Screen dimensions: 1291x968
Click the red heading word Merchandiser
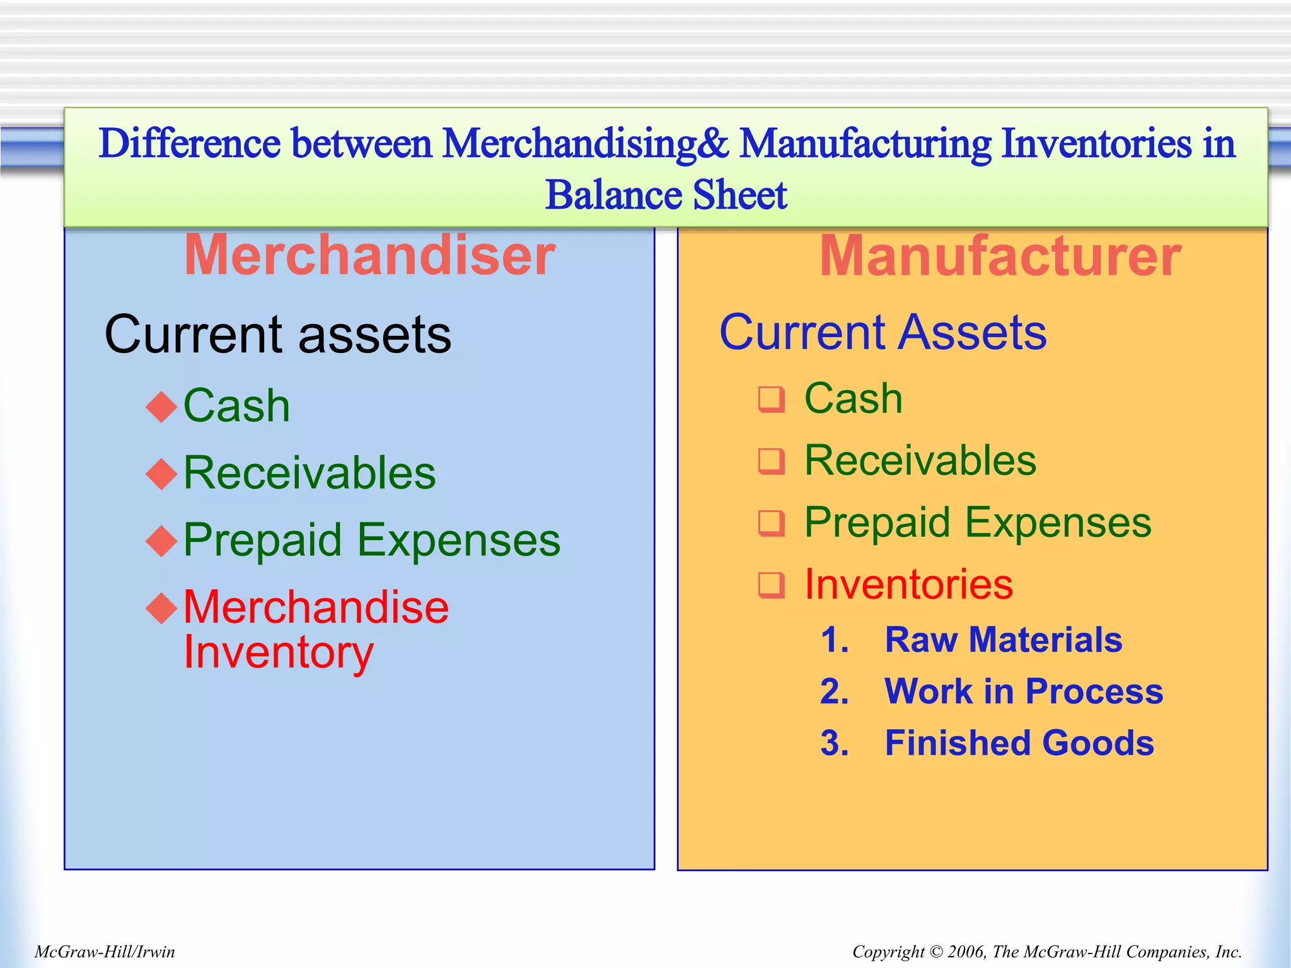369,255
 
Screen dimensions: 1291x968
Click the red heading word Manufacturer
1000,255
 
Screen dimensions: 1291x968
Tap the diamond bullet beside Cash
161,406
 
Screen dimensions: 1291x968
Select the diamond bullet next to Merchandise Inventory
161,608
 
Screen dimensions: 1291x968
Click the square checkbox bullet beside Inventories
772,585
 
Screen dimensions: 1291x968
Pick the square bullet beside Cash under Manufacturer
772,399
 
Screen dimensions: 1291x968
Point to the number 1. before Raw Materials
835,640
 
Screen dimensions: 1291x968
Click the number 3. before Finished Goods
835,743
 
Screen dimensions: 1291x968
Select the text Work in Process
1024,691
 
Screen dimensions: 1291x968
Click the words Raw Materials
1004,640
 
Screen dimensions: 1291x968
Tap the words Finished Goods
1019,743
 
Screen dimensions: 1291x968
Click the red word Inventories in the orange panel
908,584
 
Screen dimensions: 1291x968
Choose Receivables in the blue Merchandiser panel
310,473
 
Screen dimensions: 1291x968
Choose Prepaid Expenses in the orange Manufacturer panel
978,522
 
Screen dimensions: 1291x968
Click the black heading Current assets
278,334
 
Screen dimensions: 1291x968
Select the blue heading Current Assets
883,332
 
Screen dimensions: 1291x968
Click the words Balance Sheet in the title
666,195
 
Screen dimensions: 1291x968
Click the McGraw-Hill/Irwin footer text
105,952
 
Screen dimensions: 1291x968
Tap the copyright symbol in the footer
935,952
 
